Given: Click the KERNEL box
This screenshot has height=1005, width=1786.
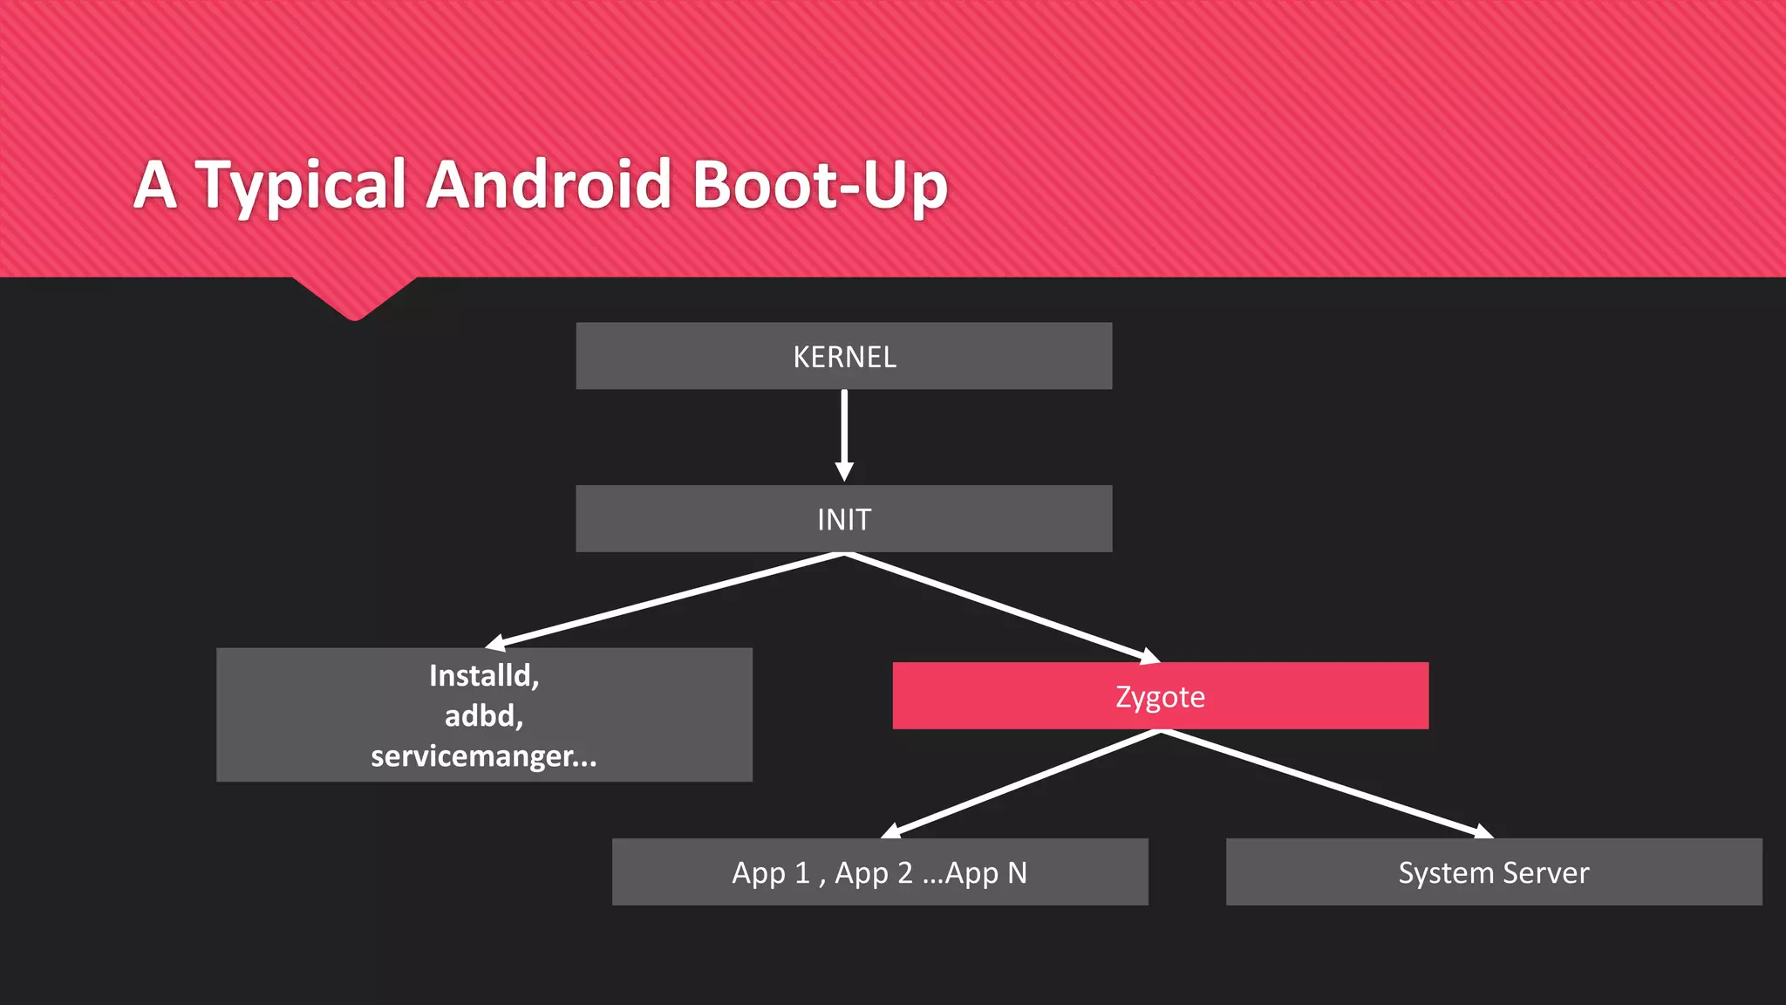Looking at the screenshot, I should point(843,356).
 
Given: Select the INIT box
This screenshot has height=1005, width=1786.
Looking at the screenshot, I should point(843,519).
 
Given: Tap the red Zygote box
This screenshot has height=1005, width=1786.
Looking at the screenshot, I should point(1160,696).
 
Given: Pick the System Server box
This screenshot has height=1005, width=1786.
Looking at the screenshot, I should point(1493,872).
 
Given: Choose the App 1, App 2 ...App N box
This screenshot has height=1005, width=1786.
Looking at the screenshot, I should point(879,872).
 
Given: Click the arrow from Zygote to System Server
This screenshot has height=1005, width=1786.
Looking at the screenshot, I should point(1326,783).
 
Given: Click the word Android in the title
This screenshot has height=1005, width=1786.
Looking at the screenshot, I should point(549,185).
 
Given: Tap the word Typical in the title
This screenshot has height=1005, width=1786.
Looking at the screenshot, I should point(301,185).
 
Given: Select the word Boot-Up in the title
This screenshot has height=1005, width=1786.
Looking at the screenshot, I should point(820,185).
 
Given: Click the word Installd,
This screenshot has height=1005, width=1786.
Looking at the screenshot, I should point(484,676).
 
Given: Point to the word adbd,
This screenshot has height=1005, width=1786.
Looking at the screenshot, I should point(484,716).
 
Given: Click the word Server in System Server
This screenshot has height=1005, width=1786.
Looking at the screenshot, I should point(1545,872).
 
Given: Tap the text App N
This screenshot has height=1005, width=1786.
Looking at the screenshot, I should point(986,872).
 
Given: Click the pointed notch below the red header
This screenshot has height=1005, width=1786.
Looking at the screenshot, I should point(354,301).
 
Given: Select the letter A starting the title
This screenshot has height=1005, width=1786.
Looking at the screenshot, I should point(156,185).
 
